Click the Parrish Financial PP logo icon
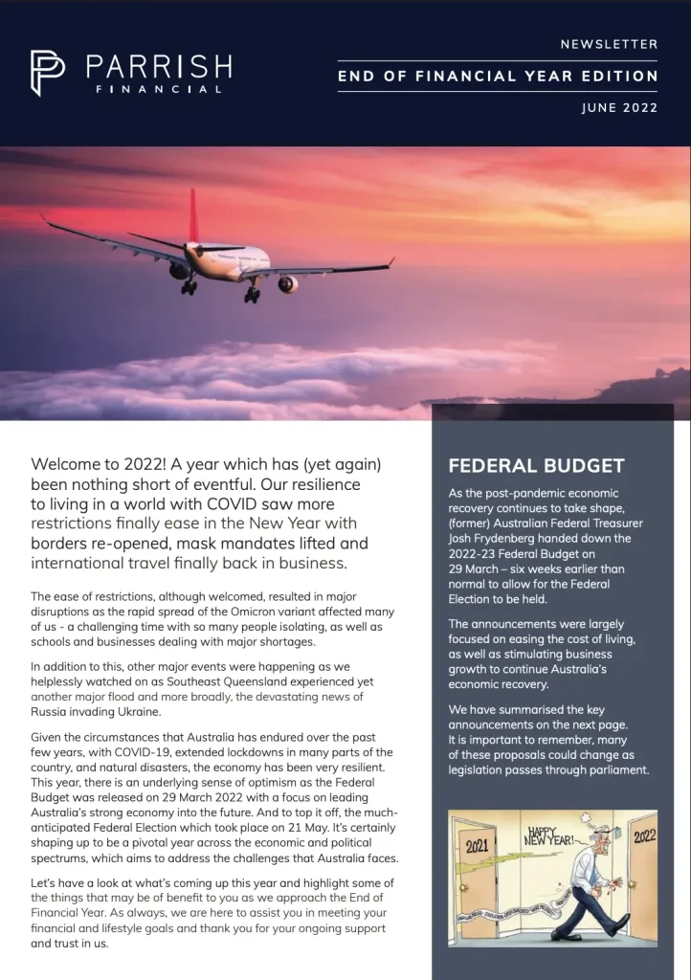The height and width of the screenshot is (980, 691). pos(48,73)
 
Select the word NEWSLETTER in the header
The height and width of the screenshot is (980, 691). pos(610,44)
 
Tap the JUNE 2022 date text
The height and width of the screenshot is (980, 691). pos(619,108)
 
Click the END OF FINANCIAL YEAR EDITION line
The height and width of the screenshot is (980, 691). pos(498,77)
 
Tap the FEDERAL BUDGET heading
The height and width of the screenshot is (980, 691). pos(536,466)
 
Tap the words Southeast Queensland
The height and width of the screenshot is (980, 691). pos(205,680)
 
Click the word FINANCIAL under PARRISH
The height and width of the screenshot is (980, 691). pos(158,89)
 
